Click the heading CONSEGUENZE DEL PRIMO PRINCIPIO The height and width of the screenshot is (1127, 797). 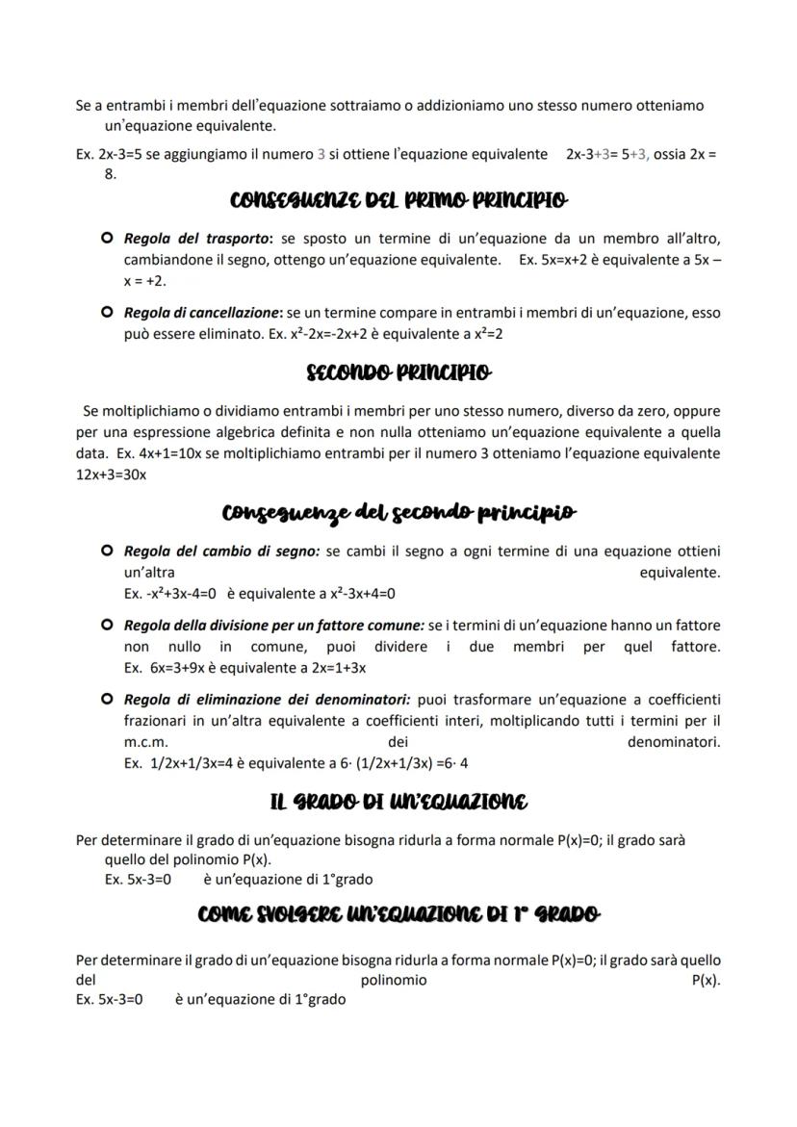click(398, 201)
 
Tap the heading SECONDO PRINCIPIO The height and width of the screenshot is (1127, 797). click(398, 371)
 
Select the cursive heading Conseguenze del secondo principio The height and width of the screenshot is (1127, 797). click(398, 512)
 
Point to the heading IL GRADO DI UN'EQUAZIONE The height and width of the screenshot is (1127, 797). click(398, 801)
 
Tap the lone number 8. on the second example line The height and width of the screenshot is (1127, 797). click(110, 174)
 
